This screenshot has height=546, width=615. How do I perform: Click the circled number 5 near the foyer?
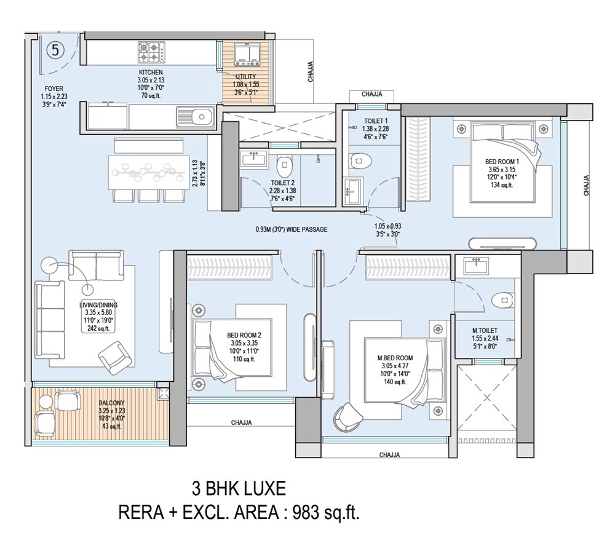point(55,50)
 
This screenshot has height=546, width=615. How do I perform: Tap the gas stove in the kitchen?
point(151,52)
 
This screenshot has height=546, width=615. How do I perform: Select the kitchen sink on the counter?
point(194,115)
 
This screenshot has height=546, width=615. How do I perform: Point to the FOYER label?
point(54,89)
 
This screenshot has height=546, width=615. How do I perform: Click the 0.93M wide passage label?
point(291,229)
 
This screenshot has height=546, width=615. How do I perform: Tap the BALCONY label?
point(112,403)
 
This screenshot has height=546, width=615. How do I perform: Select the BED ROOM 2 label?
point(244,336)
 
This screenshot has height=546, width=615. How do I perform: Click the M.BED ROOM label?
point(395,358)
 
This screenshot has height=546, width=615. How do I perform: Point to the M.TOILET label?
point(485,331)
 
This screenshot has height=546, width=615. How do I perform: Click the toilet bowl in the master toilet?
point(504,300)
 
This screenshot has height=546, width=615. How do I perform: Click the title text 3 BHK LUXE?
point(239,489)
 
